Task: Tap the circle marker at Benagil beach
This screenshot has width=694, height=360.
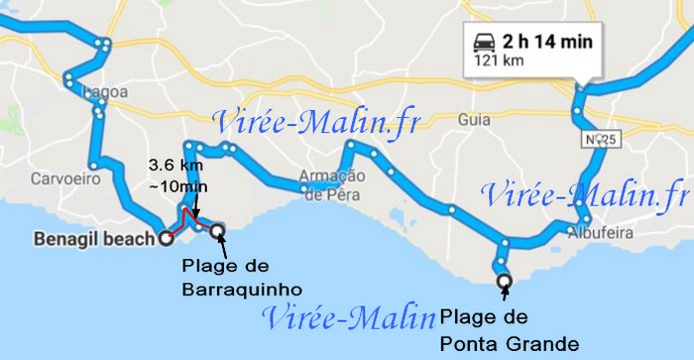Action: click(x=165, y=238)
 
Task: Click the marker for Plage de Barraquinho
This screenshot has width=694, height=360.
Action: click(x=217, y=232)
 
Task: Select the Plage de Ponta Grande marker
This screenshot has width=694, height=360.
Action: click(x=505, y=282)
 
